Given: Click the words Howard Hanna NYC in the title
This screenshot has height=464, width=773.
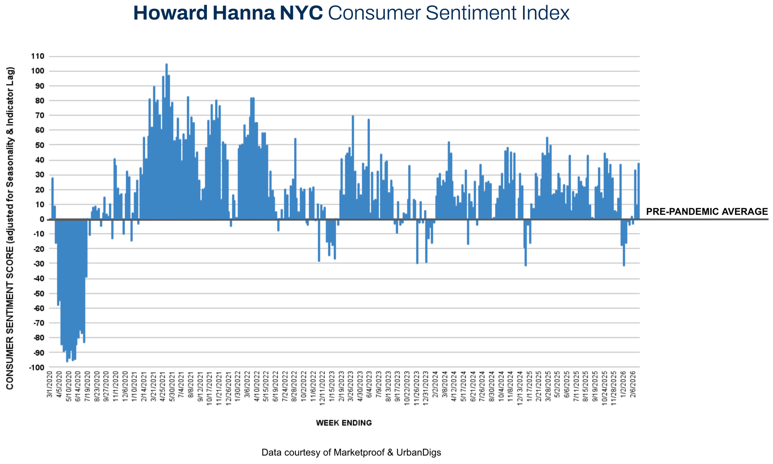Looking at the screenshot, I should click(228, 13).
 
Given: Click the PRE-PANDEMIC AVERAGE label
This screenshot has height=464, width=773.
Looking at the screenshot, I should click(707, 212).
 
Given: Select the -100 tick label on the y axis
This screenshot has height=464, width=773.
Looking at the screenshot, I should click(36, 367).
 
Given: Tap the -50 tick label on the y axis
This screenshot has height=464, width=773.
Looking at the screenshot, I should click(38, 294).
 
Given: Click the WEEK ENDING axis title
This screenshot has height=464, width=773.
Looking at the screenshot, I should click(344, 423).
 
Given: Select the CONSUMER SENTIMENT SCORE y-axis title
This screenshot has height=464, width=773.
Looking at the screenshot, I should click(10, 228).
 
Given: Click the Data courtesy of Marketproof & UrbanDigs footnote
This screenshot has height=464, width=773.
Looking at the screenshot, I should click(351, 452).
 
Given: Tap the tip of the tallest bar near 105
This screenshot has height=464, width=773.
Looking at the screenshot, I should click(167, 64).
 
